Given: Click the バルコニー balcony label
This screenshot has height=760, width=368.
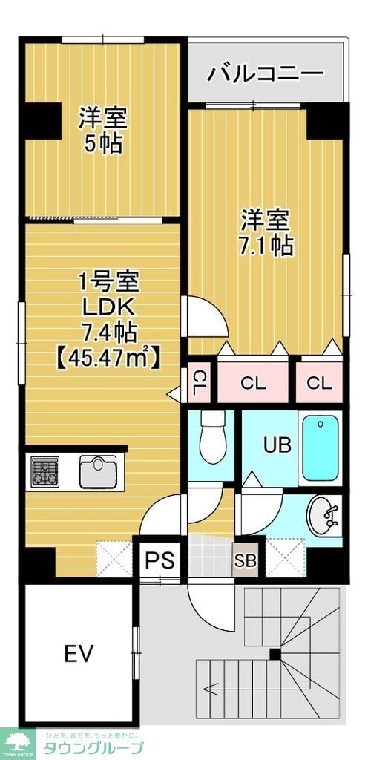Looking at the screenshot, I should [x=265, y=73].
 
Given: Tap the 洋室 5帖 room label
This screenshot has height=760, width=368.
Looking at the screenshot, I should [x=103, y=129].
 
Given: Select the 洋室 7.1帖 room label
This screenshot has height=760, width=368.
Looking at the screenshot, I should [x=265, y=232].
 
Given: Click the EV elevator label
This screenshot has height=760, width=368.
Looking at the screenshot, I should [x=78, y=654].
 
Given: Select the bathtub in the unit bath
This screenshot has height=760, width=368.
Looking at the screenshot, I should [x=320, y=448].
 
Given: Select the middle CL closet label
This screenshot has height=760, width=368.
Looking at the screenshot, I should [x=253, y=383].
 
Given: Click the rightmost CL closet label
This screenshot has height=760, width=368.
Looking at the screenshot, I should [x=319, y=383].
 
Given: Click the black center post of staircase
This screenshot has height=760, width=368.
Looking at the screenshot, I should [x=275, y=654].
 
